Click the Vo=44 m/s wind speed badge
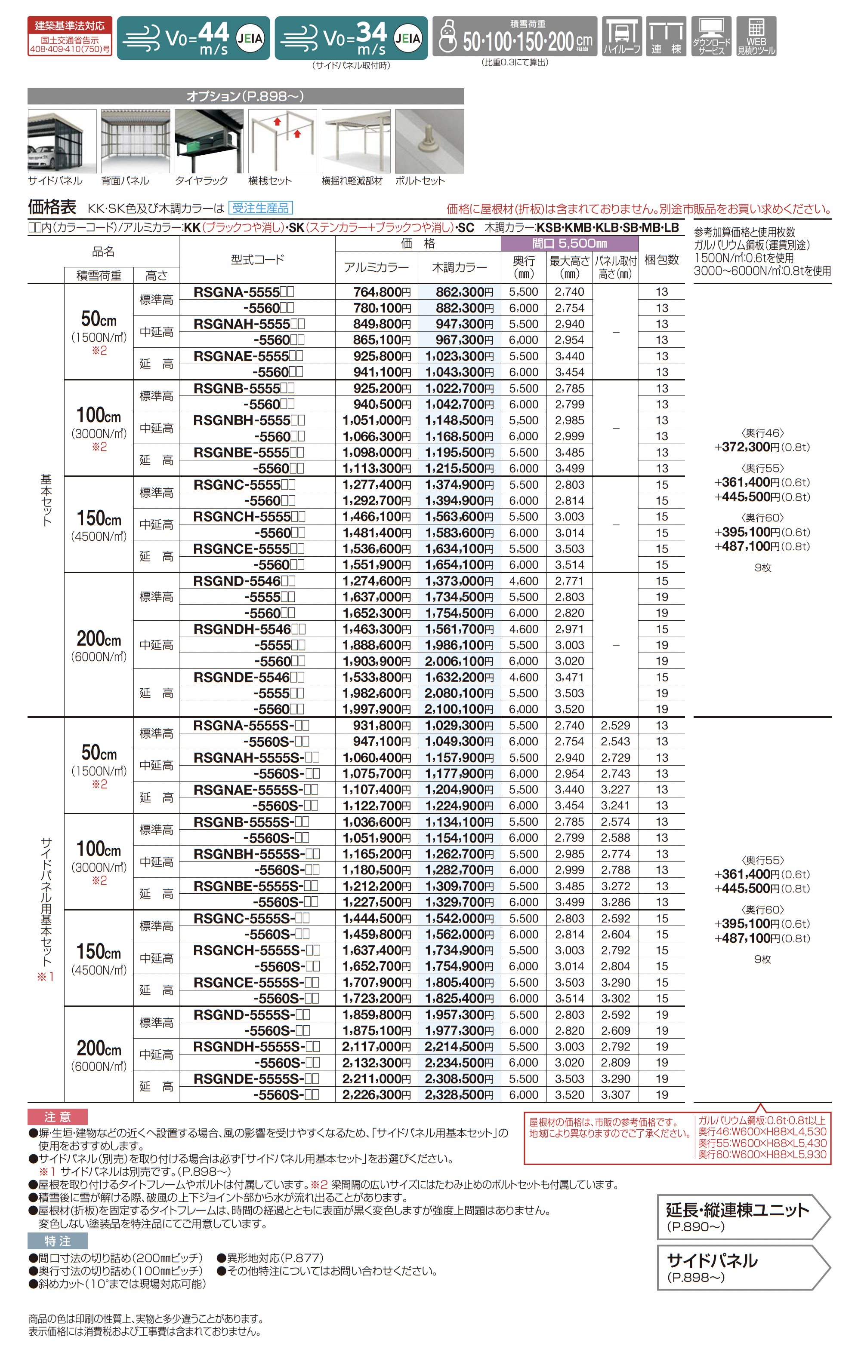pyautogui.click(x=193, y=38)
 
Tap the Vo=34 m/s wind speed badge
pyautogui.click(x=351, y=38)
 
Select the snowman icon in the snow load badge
pyautogui.click(x=447, y=37)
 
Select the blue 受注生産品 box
pyautogui.click(x=260, y=208)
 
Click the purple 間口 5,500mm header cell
pyautogui.click(x=569, y=244)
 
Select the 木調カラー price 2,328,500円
pyautogui.click(x=459, y=1095)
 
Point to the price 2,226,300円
pyautogui.click(x=376, y=1095)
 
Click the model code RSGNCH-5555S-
pyautogui.click(x=256, y=950)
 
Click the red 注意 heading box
pyautogui.click(x=58, y=1117)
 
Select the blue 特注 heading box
pyautogui.click(x=58, y=1241)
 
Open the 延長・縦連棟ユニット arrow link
pyautogui.click(x=742, y=1217)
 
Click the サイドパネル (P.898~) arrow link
pyautogui.click(x=742, y=1268)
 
